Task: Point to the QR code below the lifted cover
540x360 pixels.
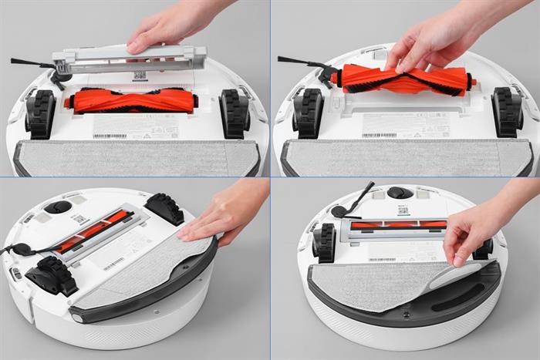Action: [140, 76]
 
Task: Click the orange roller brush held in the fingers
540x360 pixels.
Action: [401, 79]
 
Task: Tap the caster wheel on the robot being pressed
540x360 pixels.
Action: [58, 207]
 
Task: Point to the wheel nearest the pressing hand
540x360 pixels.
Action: [164, 207]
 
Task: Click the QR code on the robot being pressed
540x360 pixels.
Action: [80, 219]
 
